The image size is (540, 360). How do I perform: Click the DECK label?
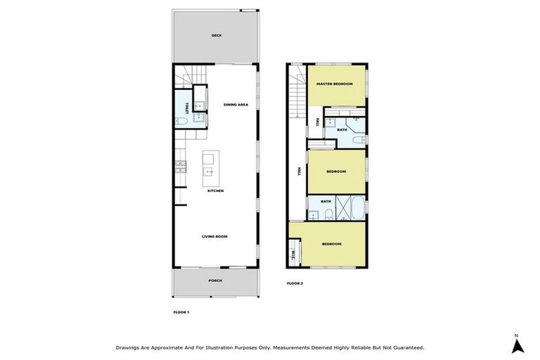pyautogui.click(x=216, y=36)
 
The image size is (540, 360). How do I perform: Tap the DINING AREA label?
pyautogui.click(x=236, y=105)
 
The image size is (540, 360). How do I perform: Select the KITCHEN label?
pyautogui.click(x=215, y=191)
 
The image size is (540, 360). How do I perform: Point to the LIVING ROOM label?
pyautogui.click(x=215, y=236)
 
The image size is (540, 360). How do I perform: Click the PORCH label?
pyautogui.click(x=215, y=281)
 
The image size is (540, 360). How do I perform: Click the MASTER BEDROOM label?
pyautogui.click(x=334, y=84)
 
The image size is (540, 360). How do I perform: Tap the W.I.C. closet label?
pyautogui.click(x=292, y=254)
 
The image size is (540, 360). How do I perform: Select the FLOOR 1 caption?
pyautogui.click(x=181, y=311)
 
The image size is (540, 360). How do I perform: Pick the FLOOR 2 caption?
pyautogui.click(x=295, y=283)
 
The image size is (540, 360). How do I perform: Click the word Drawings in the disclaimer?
pyautogui.click(x=129, y=347)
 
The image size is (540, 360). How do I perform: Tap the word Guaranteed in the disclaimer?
pyautogui.click(x=406, y=347)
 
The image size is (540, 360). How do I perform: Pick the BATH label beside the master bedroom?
pyautogui.click(x=342, y=129)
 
